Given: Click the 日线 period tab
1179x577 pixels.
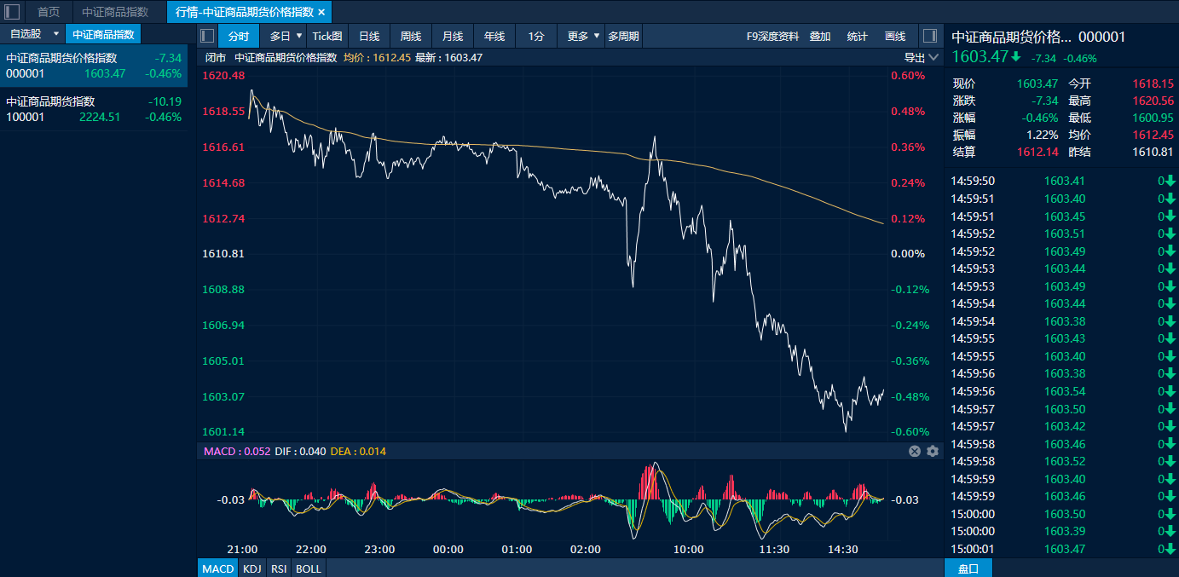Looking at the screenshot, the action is click(369, 37).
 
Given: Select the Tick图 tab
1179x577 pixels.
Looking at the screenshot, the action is click(327, 37).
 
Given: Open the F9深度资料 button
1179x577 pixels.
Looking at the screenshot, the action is click(772, 37).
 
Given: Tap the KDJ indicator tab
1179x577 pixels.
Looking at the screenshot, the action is click(252, 568).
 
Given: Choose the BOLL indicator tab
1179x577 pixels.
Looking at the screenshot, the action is click(309, 568).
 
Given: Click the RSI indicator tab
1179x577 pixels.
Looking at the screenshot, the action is click(279, 568).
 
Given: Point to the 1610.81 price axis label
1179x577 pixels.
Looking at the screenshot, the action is click(223, 253).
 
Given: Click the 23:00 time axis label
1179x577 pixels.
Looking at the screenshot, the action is click(379, 549).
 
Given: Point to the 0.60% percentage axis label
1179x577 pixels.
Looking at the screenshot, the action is click(908, 75).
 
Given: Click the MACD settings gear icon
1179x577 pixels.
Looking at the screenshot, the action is click(933, 452).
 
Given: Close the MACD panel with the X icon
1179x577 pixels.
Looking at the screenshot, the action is click(915, 452).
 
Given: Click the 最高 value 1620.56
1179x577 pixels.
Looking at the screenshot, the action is click(1153, 101).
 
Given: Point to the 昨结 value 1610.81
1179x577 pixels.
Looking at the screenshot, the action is click(1153, 152).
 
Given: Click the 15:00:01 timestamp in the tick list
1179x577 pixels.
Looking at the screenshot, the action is click(973, 549).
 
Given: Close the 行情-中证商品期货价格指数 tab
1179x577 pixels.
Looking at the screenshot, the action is click(321, 12).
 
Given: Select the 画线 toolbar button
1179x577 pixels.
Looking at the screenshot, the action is click(895, 37).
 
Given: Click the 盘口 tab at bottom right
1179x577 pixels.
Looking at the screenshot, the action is click(968, 568).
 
